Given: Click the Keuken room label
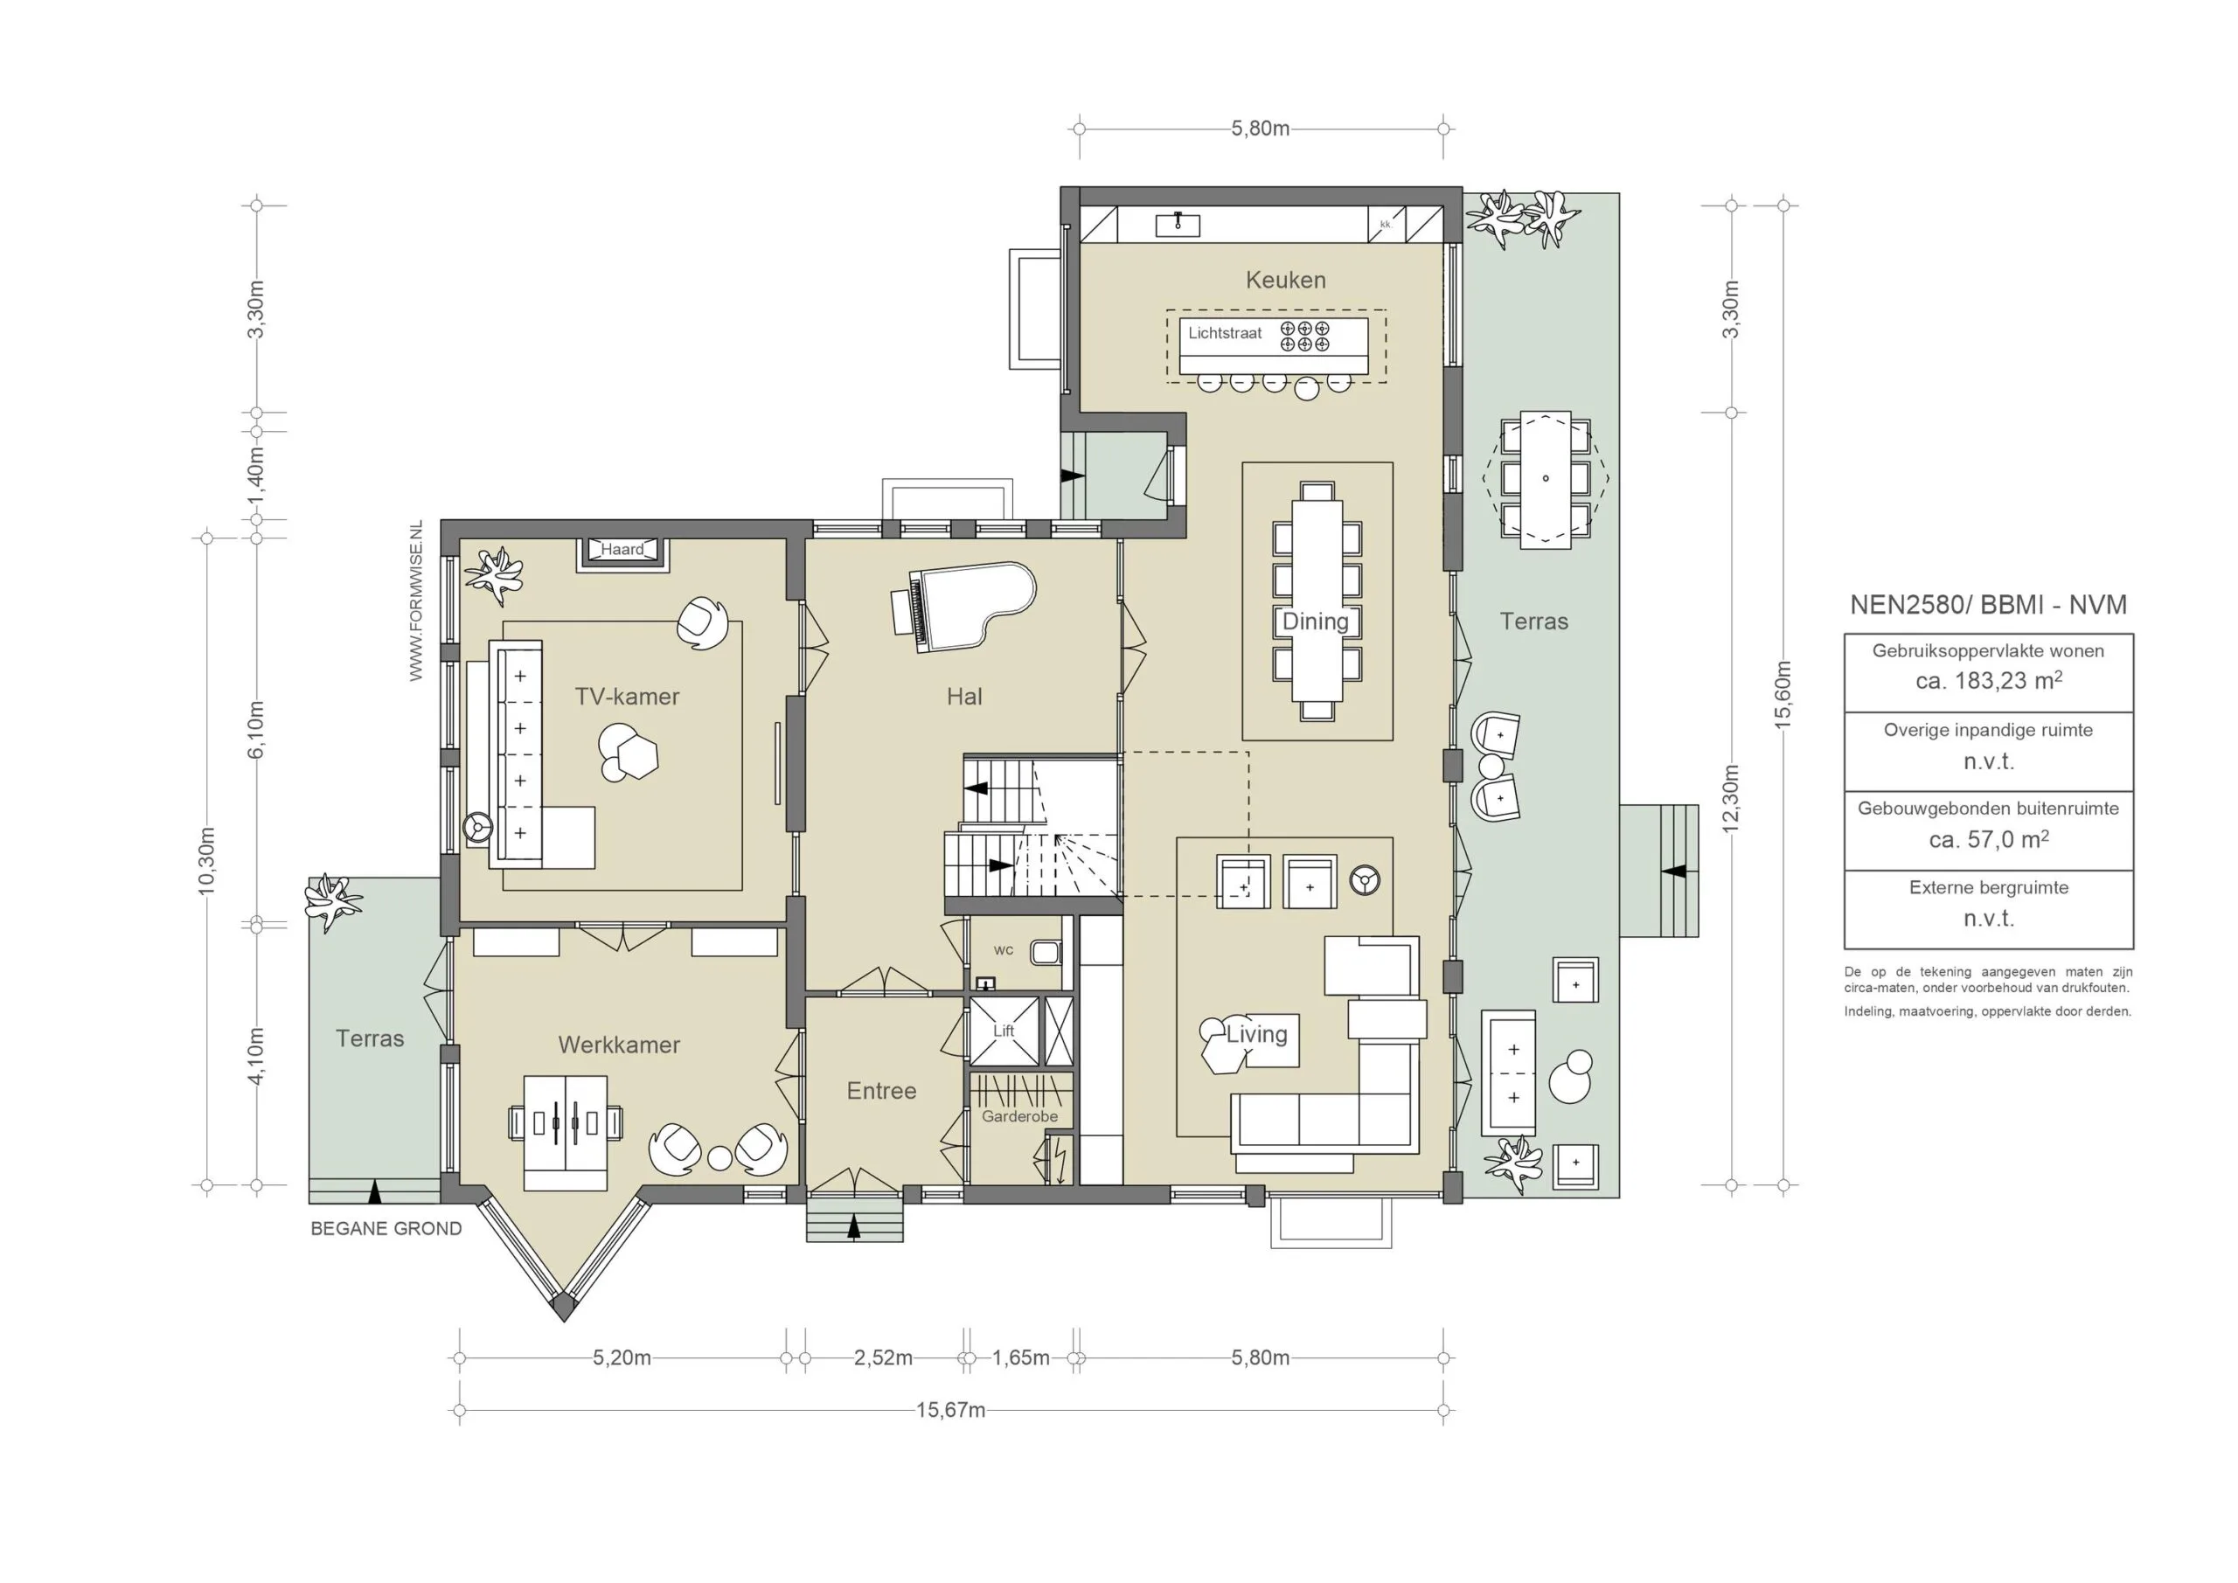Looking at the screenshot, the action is pos(1286,281).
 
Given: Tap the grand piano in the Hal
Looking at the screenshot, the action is pos(963,607).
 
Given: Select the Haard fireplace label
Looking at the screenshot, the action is pos(622,550).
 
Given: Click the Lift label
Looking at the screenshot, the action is pos(1003,1031).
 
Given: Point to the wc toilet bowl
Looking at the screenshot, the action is pos(1045,951).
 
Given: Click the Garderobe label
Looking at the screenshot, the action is pos(1019,1116).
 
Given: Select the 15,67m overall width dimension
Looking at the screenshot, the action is pos(950,1411).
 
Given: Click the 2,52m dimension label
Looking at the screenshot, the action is pos(883,1357).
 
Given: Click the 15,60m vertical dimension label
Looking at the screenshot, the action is pos(1783,695).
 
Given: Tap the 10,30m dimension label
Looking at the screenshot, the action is pos(206,861).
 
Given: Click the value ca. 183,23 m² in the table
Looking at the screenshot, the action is pos(1989,680).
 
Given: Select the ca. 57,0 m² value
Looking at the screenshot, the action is pos(1989,838).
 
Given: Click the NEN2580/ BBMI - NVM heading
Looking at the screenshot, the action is pos(1989,604).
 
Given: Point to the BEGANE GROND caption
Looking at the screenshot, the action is pos(386,1229).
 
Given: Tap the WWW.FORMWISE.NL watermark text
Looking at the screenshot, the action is pos(416,601).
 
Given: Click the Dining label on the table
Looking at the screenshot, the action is pos(1315,621).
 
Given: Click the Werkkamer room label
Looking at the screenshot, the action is pos(619,1045).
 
